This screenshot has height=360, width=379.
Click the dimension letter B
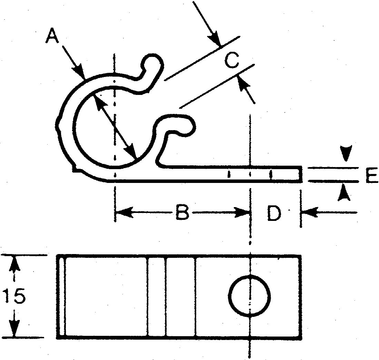coord(182,212)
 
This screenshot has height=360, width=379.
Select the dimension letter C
coord(231,60)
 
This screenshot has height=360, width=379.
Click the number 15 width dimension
coord(14,296)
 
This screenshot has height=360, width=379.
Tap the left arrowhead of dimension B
coord(124,212)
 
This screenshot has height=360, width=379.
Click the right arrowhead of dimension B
coord(242,212)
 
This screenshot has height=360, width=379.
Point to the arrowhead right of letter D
coord(310,212)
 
